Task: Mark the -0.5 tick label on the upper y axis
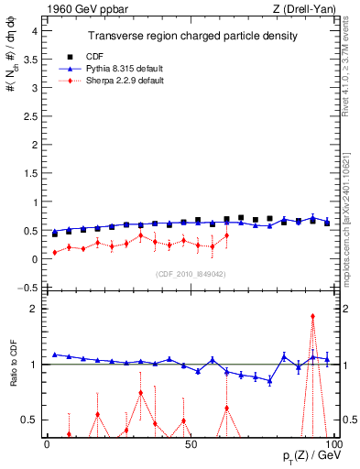(x=28, y=288)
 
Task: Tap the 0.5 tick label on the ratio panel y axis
(x=30, y=420)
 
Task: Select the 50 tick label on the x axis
(x=190, y=444)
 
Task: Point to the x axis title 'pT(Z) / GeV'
(x=311, y=456)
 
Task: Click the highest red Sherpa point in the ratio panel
(x=313, y=316)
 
